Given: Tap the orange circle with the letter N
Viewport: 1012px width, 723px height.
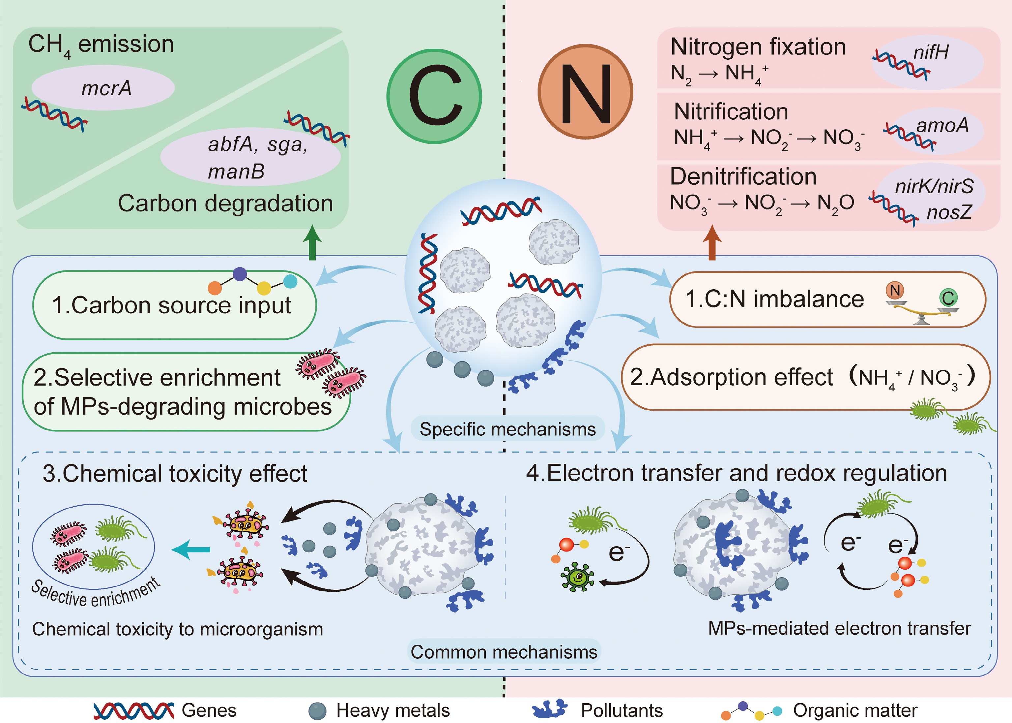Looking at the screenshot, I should coord(585,92).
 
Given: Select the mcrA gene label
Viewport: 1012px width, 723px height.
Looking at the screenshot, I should coord(106,88).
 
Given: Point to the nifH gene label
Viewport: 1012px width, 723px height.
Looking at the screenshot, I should coord(931,52).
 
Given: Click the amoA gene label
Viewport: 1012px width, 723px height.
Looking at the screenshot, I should coord(942,126).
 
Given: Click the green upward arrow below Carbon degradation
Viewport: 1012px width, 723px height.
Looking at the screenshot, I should coord(312,243).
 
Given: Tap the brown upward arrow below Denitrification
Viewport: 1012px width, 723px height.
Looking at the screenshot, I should coord(712,243).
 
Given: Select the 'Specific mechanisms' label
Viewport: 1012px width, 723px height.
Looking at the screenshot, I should coord(507,429).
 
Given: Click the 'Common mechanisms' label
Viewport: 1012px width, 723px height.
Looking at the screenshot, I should coord(504,652).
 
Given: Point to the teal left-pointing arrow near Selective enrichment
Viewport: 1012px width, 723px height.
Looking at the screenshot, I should coord(191,550).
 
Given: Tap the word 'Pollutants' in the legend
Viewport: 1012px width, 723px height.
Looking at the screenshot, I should coord(622,710).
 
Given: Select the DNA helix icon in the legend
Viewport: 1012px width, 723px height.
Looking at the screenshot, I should coord(133,710).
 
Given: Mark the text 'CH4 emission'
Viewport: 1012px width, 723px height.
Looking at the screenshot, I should coord(101,45).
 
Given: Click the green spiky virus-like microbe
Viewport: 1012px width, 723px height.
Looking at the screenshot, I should coord(577,577).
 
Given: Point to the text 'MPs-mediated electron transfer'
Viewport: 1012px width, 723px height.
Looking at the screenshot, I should coord(839,628).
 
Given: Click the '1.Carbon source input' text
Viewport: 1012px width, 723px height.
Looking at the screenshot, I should coord(171,305).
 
